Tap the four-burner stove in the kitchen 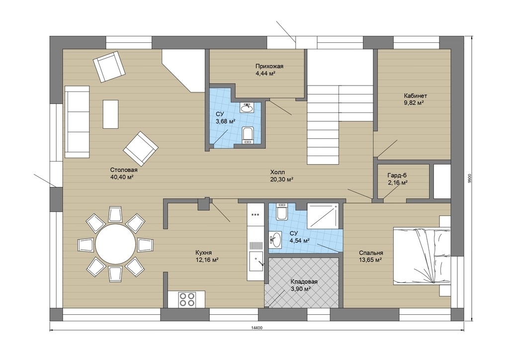click(187, 299)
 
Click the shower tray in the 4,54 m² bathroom click(323, 215)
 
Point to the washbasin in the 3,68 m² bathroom click(248, 108)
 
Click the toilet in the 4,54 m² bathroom click(281, 212)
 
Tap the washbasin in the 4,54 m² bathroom click(275, 240)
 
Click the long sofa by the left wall click(77, 122)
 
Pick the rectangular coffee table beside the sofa click(110, 114)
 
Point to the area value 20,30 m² click(282, 179)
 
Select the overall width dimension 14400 click(256, 328)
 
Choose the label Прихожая click(269, 66)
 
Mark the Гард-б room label click(397, 176)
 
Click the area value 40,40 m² click(122, 177)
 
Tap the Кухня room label click(203, 253)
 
